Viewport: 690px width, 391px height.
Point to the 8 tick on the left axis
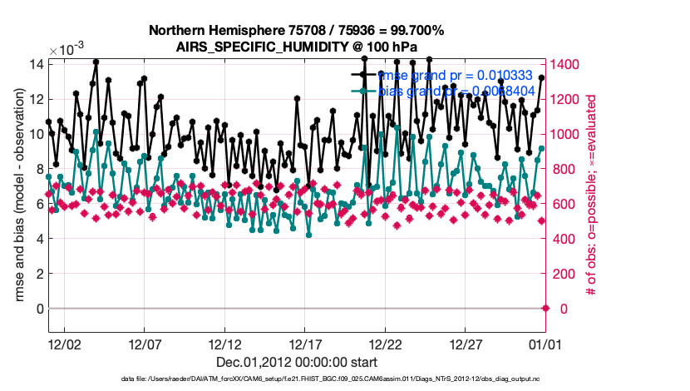(38, 169)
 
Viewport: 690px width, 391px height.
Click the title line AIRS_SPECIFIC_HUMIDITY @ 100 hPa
(296, 47)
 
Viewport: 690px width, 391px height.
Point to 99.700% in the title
(413, 31)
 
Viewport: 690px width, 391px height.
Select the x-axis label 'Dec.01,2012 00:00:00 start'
(296, 362)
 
